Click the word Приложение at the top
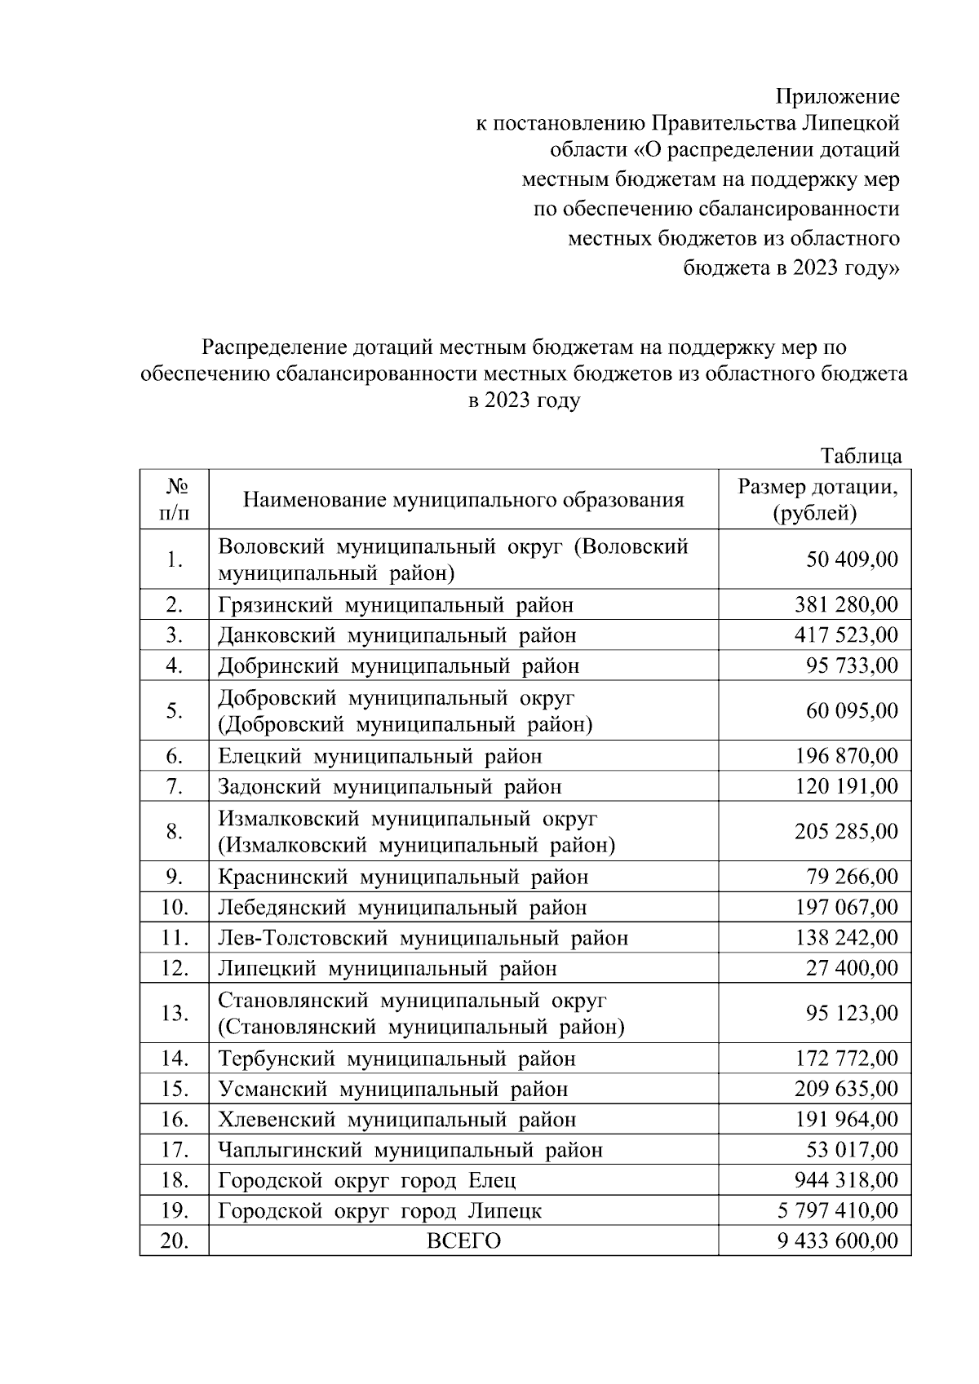[x=837, y=97]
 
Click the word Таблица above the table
[x=861, y=456]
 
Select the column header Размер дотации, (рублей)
[x=817, y=500]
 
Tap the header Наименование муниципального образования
[x=463, y=500]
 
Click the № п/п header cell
[x=174, y=500]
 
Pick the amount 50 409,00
[x=852, y=559]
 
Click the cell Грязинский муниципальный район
[x=396, y=605]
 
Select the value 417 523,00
[x=846, y=635]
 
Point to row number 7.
[x=174, y=787]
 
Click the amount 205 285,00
[x=846, y=832]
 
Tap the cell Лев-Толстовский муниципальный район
[x=423, y=938]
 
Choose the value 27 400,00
[x=852, y=969]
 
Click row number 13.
[x=174, y=1014]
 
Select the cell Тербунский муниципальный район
[x=396, y=1059]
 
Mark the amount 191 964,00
[x=846, y=1120]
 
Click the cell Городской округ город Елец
[x=366, y=1181]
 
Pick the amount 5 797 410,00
[x=837, y=1211]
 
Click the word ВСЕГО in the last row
[x=463, y=1241]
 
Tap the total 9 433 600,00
[x=837, y=1241]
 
